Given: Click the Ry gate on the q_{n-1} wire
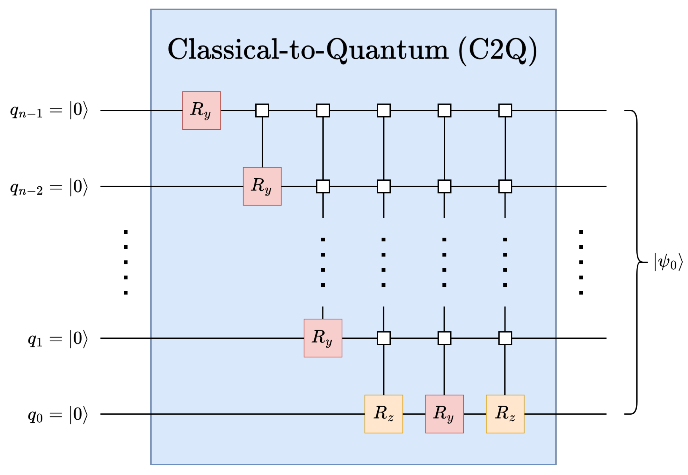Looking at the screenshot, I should click(201, 111).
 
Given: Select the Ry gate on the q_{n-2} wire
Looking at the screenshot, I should click(262, 186).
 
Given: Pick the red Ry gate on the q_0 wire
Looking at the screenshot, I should click(444, 414).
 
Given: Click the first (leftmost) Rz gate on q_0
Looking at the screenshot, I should click(383, 414).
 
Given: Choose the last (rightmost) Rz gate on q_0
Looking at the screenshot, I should click(505, 414).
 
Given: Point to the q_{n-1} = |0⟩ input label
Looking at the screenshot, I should click(49, 111).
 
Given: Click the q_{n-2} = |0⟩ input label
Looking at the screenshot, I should click(49, 187).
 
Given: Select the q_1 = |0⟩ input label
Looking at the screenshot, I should click(58, 339).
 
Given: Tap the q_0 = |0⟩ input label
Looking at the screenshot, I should click(58, 415).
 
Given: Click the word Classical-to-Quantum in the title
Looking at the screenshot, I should click(308, 49).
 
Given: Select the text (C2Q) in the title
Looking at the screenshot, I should click(498, 50).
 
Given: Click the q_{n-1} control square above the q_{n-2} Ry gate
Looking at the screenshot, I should click(262, 111).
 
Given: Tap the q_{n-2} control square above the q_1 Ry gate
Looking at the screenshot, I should click(323, 186).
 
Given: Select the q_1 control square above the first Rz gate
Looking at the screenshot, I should click(383, 338).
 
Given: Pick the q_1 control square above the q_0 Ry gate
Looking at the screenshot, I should click(444, 338).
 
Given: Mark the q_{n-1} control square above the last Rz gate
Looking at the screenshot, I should click(505, 111).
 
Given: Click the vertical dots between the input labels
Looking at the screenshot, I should click(126, 262).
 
